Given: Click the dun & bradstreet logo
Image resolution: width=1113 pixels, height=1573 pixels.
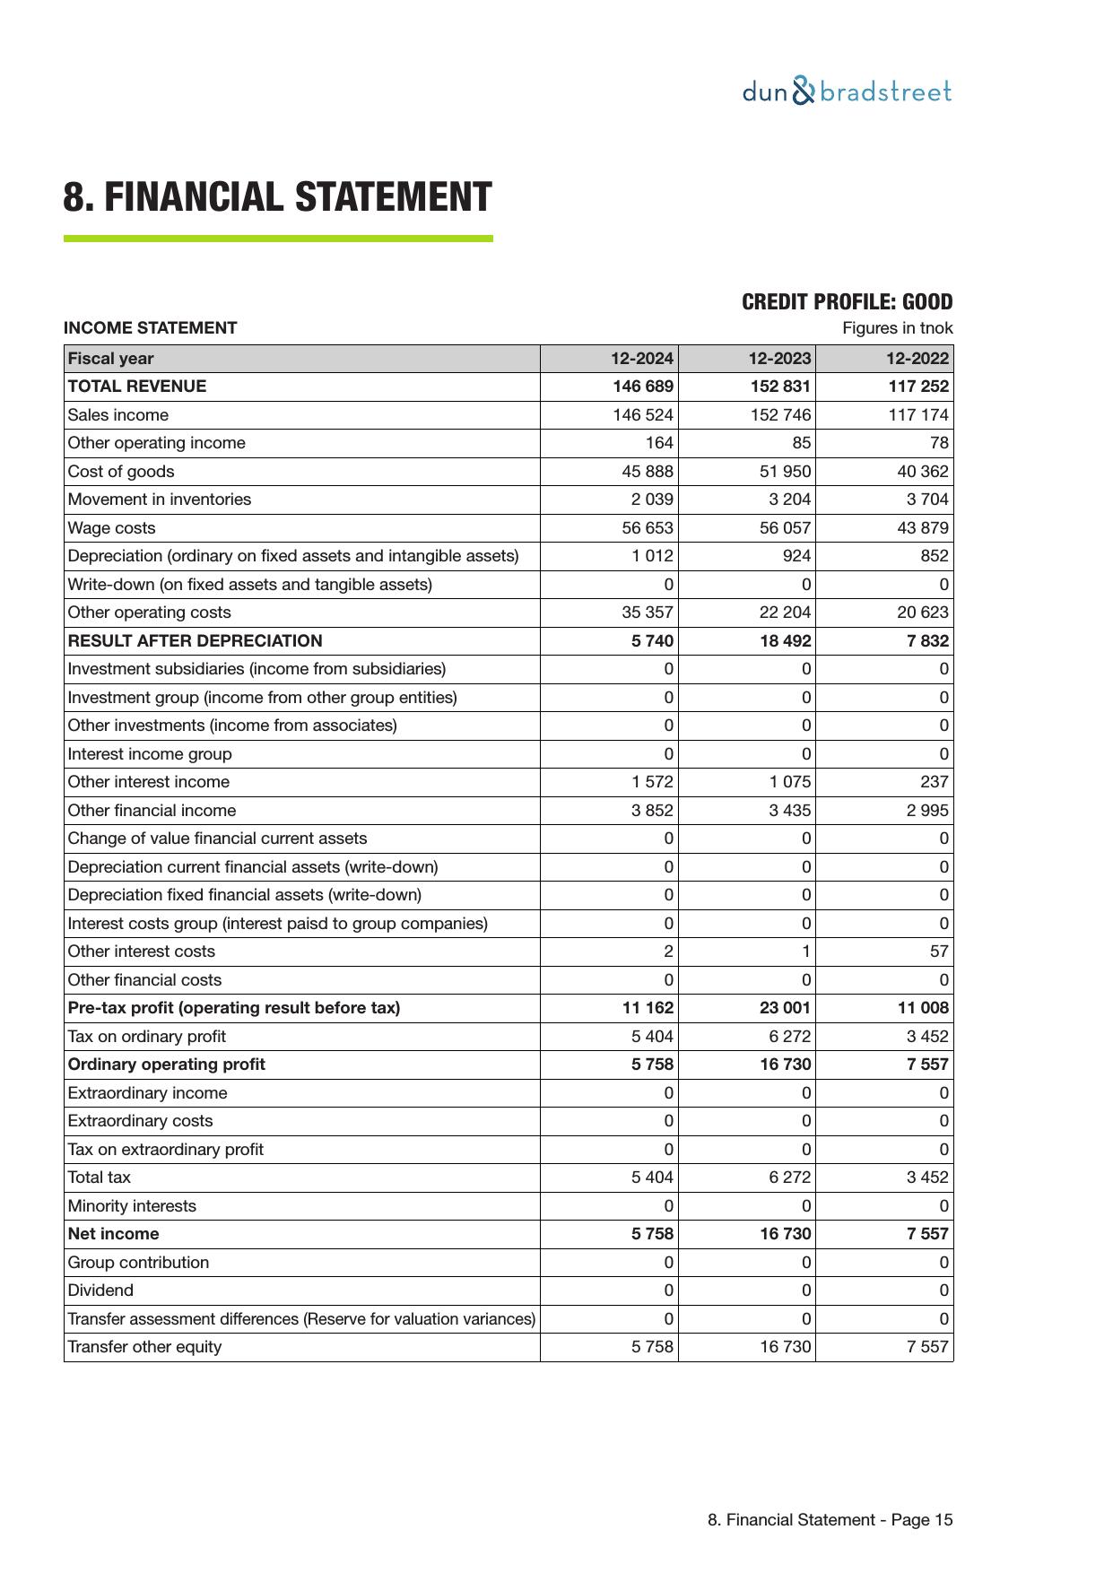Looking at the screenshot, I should tap(847, 91).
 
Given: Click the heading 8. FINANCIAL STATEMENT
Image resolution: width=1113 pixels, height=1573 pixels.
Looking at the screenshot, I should tap(277, 197).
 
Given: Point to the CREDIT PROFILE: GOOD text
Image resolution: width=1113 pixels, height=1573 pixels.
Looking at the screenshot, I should tap(847, 302).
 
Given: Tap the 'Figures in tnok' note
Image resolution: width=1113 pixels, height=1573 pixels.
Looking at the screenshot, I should tap(897, 328).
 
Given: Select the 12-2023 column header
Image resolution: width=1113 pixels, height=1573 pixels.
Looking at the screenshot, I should tap(779, 359).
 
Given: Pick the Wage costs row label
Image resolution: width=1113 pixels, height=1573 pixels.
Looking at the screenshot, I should tap(111, 528).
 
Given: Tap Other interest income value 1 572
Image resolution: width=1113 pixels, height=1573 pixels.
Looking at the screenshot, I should tap(652, 782).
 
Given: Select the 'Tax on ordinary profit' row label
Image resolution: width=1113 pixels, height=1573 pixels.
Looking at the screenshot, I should tap(146, 1037).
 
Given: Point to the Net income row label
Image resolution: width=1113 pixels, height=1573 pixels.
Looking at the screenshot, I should tap(113, 1234).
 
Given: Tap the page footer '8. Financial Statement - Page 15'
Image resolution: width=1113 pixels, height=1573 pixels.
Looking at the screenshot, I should tap(830, 1520).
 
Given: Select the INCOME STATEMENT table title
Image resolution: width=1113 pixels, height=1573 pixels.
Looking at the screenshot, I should tap(150, 328).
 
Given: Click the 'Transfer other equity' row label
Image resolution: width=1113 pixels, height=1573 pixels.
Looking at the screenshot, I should tap(144, 1347).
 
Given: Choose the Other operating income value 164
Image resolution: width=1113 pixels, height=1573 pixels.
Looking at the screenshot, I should tap(659, 443).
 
